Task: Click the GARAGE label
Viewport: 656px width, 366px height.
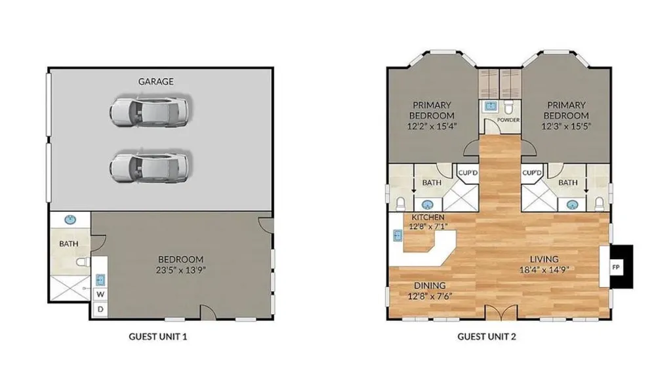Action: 155,81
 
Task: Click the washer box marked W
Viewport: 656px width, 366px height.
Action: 100,294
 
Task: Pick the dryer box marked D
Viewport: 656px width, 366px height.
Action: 100,310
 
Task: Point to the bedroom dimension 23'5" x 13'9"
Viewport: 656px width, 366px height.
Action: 181,270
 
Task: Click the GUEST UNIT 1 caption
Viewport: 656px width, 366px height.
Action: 157,336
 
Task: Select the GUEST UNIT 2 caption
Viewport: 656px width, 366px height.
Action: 487,336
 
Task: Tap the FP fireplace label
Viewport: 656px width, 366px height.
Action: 616,267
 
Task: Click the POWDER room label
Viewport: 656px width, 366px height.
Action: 508,120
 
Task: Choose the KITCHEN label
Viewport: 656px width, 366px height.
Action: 428,218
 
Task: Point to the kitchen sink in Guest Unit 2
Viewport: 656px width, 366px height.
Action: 398,236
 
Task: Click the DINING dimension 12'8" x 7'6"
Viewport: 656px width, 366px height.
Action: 430,296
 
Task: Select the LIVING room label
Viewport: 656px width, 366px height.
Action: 544,259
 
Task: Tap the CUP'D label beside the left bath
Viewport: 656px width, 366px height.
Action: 468,173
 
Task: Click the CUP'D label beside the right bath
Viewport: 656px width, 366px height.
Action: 532,173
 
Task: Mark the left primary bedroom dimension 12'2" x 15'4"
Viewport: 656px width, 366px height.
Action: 432,126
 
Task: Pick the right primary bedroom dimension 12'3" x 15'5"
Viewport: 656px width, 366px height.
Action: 566,126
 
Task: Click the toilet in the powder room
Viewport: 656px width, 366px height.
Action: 508,107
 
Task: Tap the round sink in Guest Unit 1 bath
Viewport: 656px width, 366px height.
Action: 70,220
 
